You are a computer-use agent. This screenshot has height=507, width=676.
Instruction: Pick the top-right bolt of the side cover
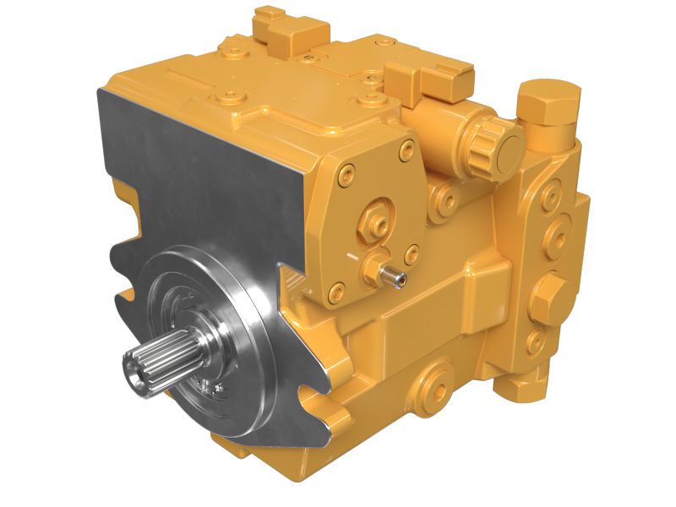[408, 152]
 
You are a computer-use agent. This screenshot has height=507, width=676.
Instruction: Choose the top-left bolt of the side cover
[344, 177]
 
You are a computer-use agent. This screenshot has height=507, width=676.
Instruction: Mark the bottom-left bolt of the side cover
[336, 293]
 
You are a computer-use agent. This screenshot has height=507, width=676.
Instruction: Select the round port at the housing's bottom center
[438, 379]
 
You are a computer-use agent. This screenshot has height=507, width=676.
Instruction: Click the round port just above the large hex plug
[557, 234]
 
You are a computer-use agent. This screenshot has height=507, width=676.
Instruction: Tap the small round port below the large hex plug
[534, 341]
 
